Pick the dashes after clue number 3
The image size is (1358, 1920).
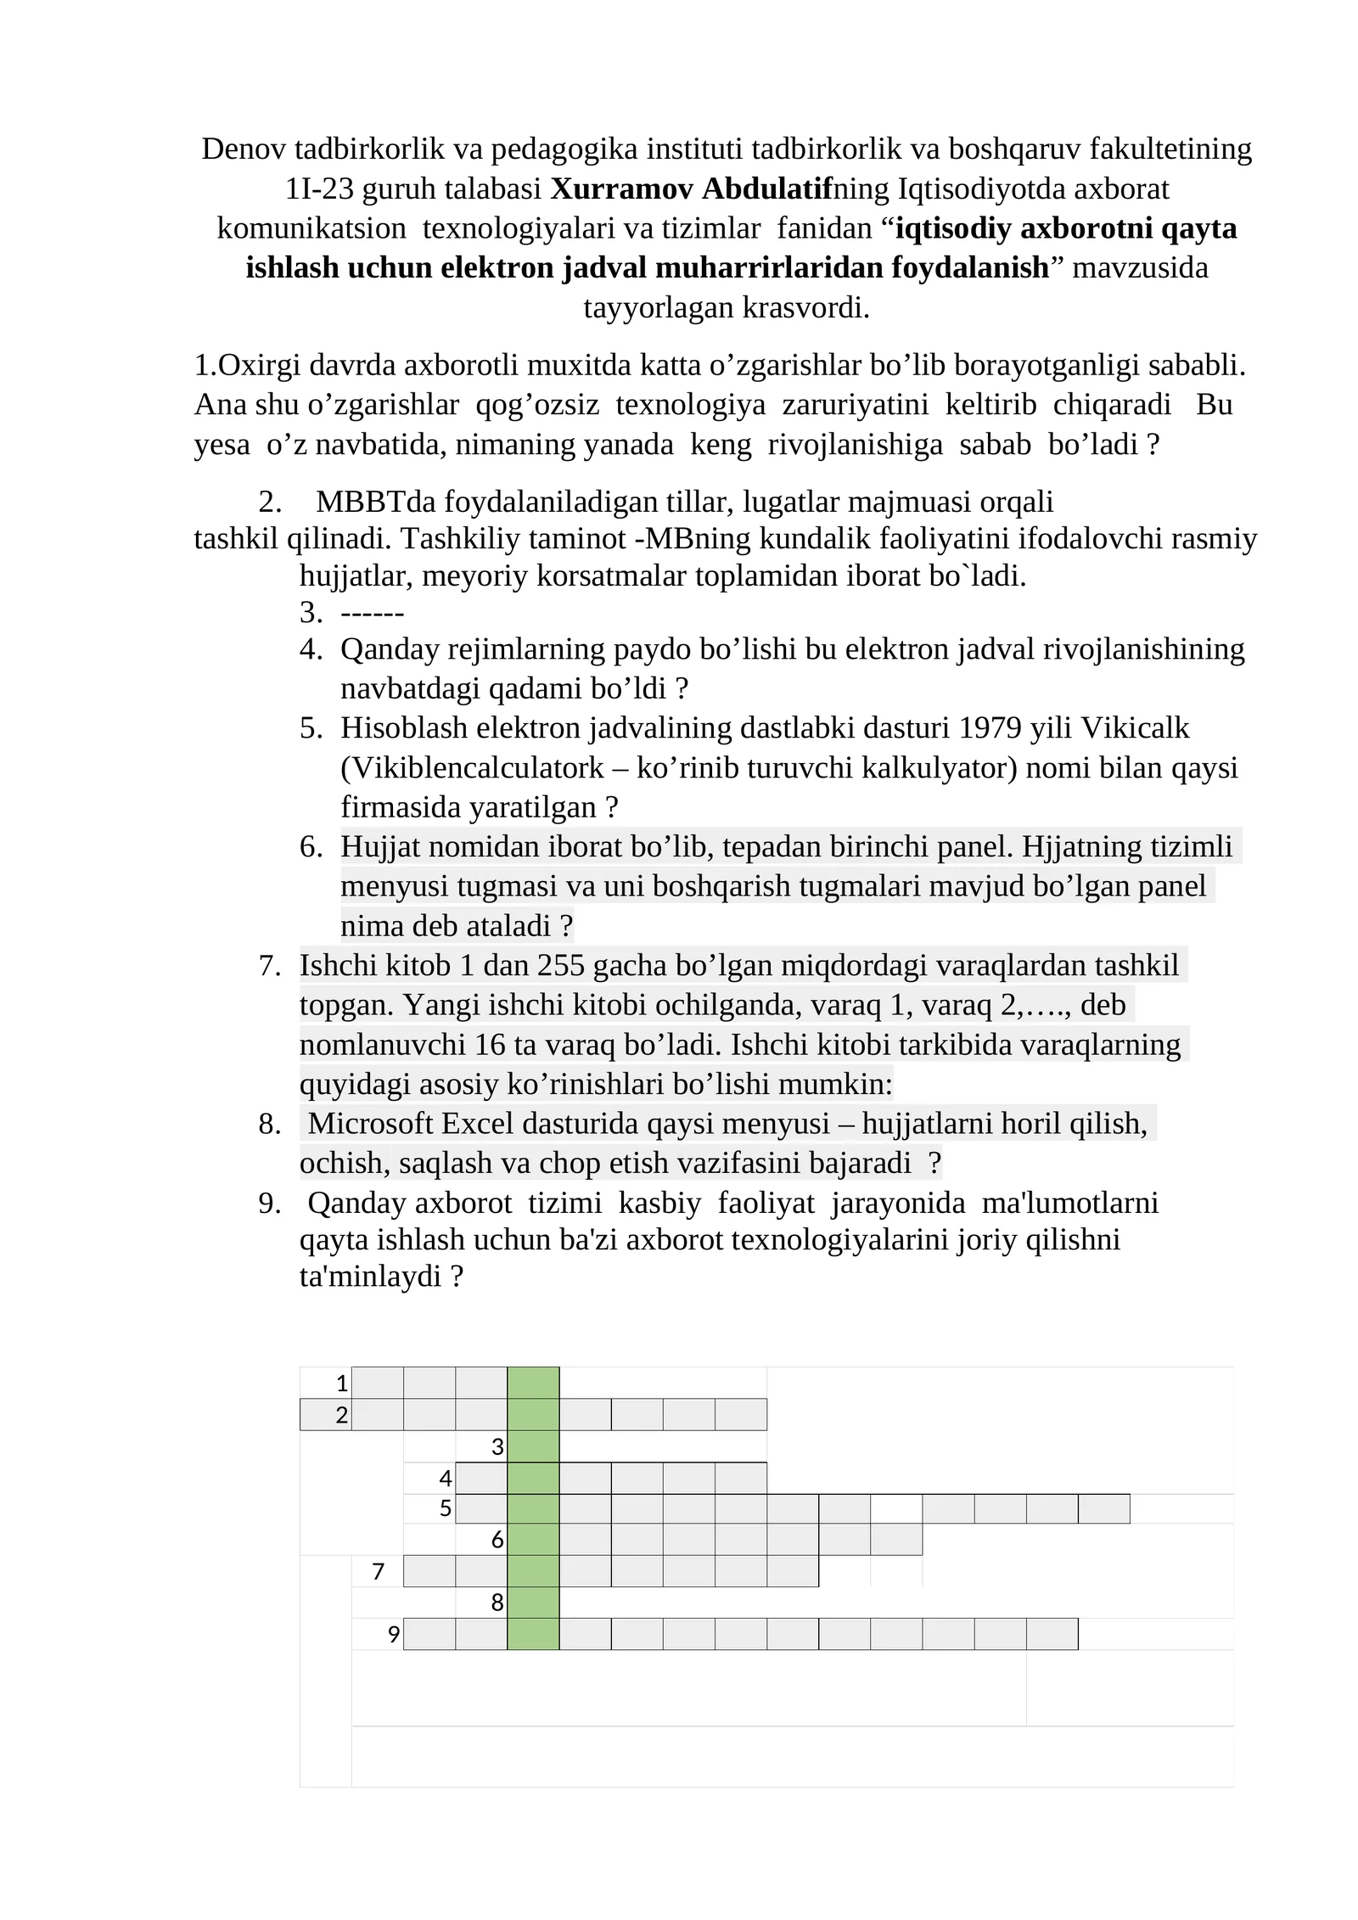pyautogui.click(x=372, y=613)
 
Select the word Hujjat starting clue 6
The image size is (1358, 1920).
pyautogui.click(x=381, y=847)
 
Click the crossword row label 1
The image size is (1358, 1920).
pyautogui.click(x=341, y=1384)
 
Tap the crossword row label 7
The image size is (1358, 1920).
pyautogui.click(x=379, y=1573)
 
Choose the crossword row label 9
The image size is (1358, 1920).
pyautogui.click(x=393, y=1635)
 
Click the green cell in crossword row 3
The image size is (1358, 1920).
pyautogui.click(x=533, y=1447)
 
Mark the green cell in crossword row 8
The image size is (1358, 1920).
pyautogui.click(x=533, y=1603)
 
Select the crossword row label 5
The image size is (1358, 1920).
pyautogui.click(x=445, y=1509)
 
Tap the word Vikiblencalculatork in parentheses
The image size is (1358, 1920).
pyautogui.click(x=483, y=768)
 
